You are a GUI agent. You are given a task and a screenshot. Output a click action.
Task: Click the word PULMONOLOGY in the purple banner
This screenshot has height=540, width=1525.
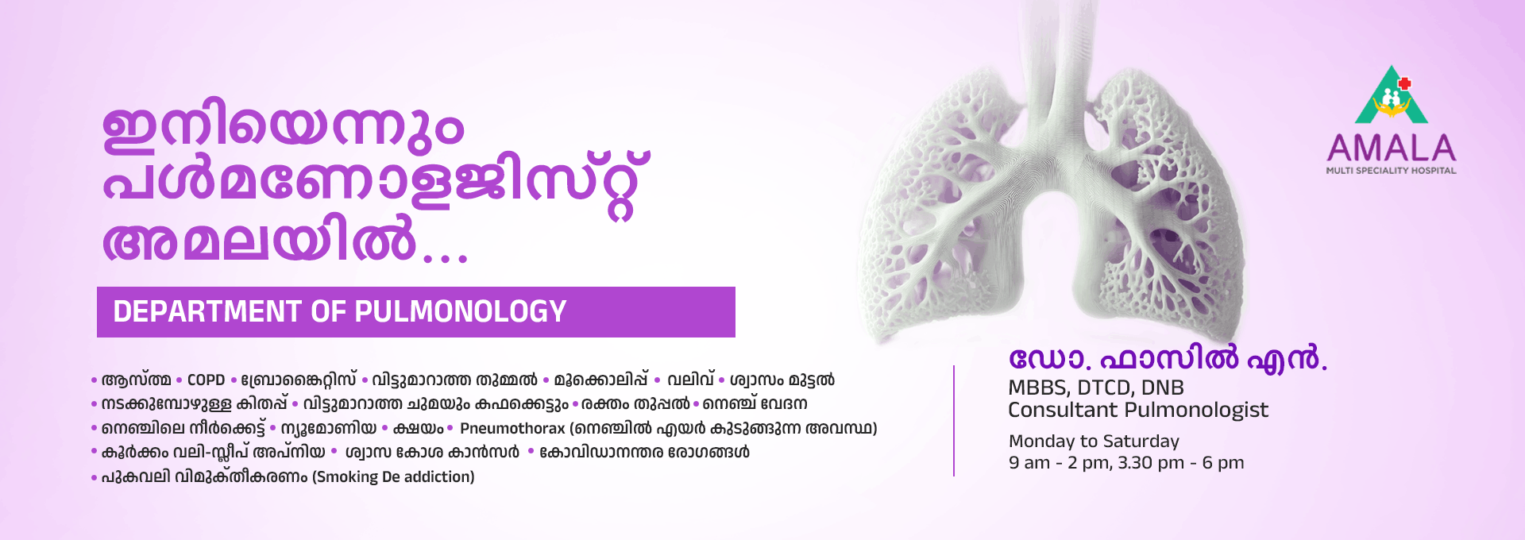(460, 312)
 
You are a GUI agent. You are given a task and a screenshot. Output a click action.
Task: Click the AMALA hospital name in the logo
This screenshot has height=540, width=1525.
(1391, 148)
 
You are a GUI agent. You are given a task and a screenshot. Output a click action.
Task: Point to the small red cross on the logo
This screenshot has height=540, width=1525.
(1404, 83)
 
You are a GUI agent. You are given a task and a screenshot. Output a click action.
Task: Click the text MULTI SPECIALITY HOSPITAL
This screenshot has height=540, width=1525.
(1391, 171)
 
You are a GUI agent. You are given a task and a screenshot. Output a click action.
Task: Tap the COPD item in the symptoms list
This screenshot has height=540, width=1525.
(206, 380)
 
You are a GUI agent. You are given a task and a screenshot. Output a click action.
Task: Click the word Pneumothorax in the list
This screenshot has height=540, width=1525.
(512, 429)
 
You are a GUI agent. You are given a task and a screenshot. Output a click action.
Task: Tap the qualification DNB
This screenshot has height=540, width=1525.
(1162, 388)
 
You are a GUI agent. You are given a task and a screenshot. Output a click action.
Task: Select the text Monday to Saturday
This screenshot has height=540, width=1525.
(1094, 442)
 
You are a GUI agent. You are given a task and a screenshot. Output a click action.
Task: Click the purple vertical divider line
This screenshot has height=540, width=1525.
(954, 421)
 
